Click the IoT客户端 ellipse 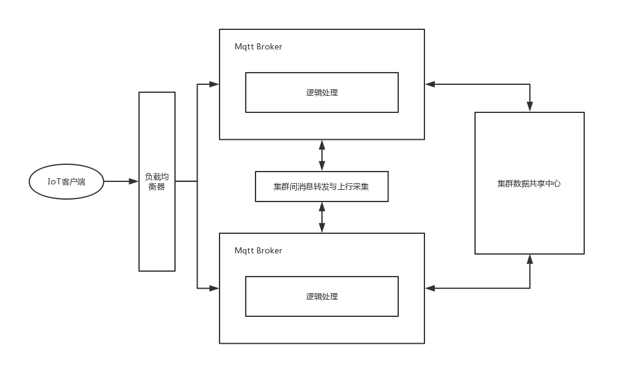[x=66, y=182]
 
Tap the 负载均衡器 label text [x=157, y=182]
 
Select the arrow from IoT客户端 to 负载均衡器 [x=121, y=182]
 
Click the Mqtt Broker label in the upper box [x=258, y=47]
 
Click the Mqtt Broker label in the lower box [x=258, y=251]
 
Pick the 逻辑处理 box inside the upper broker [x=322, y=93]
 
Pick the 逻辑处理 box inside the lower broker [x=322, y=297]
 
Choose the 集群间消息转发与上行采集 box [x=322, y=187]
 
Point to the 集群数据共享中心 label [x=529, y=183]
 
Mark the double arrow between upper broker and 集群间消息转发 [x=322, y=156]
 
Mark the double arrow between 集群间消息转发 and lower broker [x=322, y=217]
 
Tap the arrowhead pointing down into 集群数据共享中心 [x=530, y=106]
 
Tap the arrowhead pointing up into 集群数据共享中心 [x=530, y=260]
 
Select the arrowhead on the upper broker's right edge [x=430, y=84]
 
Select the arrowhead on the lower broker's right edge [x=430, y=288]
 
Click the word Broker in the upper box [x=269, y=47]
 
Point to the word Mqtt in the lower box [x=245, y=251]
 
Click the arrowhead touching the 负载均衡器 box [x=134, y=182]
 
